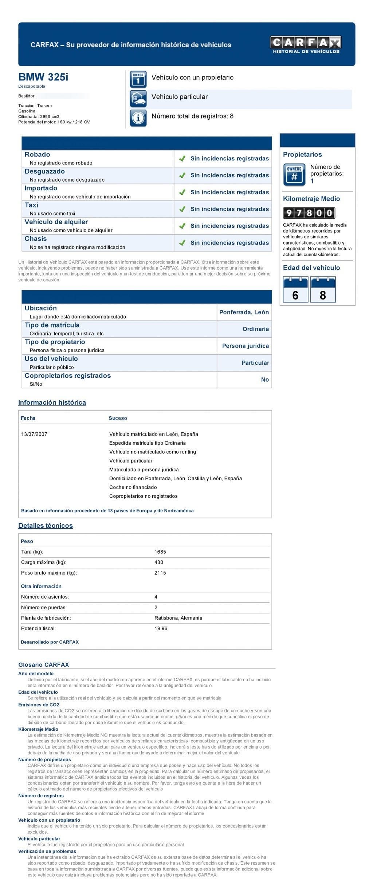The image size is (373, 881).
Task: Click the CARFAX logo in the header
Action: coord(305,44)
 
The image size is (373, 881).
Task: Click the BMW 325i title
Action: coord(43,77)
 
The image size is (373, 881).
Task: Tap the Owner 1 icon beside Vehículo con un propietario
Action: coord(138,79)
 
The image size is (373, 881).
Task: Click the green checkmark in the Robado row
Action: coord(182,159)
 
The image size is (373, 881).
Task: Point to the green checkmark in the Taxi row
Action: coord(182,209)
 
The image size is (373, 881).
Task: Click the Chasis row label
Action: coord(36,239)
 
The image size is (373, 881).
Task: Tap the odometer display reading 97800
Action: coord(309,213)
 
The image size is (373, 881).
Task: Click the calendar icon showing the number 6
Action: coord(295,290)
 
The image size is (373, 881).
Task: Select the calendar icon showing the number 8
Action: coord(323,290)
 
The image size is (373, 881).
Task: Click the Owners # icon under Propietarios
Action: coord(294,175)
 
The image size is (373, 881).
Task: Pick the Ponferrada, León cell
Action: coord(244,312)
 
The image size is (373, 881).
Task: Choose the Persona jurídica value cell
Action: coord(245,346)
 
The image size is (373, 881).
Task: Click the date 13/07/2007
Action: coord(34,434)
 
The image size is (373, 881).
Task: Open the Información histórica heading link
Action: coord(52,402)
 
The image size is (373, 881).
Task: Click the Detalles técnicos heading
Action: coord(46,525)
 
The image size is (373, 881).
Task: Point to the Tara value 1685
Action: coord(160,552)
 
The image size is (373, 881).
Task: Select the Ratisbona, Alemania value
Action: coord(178,618)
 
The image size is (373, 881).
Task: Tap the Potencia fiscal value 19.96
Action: coord(161,628)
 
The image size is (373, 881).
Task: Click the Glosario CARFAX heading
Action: coord(44,664)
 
